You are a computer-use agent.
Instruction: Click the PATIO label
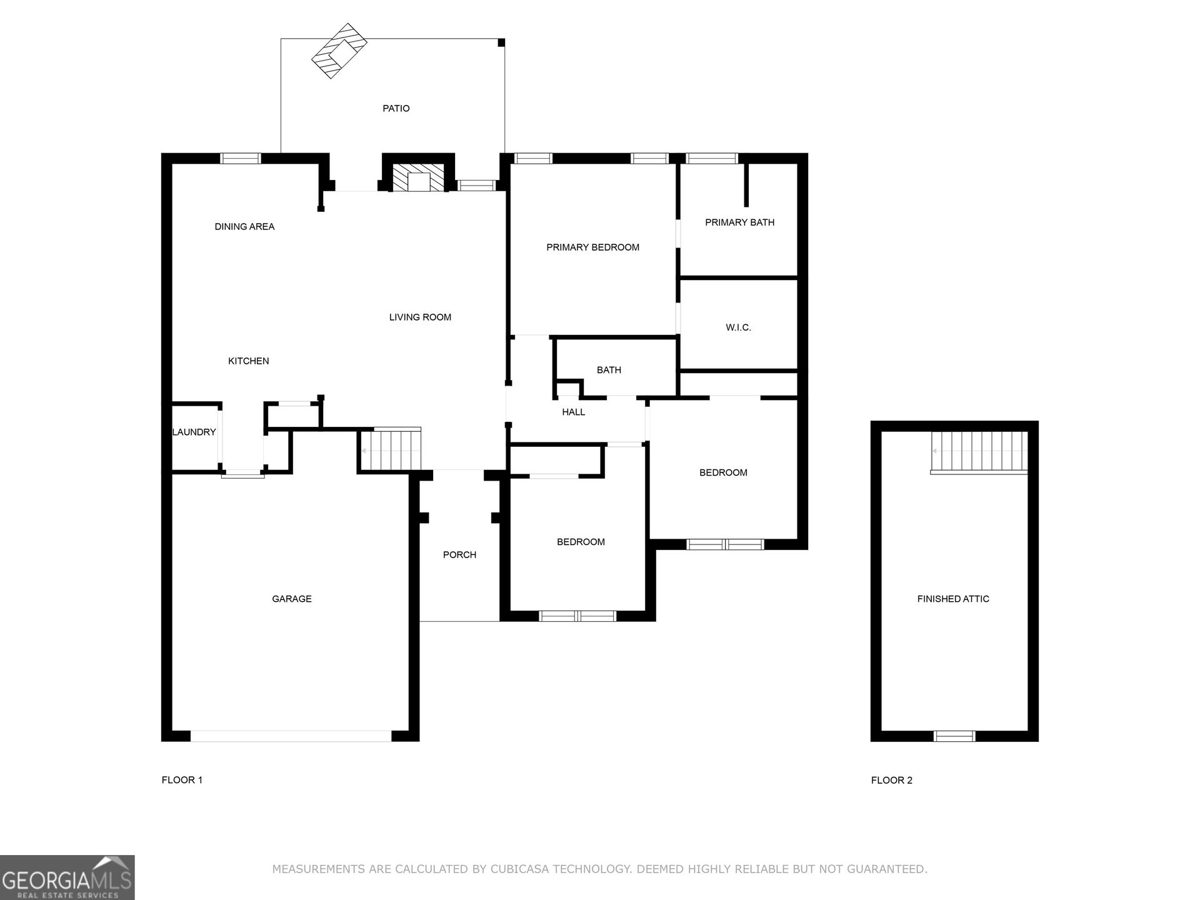396,109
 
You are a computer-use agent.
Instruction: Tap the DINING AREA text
244,227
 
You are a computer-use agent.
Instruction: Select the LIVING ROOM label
420,317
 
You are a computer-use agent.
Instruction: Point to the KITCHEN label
248,361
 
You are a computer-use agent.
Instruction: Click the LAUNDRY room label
194,432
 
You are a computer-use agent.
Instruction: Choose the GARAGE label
292,599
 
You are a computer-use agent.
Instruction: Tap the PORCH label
459,555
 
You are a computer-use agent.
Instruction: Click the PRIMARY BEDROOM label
592,247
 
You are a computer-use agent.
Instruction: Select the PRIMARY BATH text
739,222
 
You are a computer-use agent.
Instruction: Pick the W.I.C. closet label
738,327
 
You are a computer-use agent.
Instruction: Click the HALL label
573,412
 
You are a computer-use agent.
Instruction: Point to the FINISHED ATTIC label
953,599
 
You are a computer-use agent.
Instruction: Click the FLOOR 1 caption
182,780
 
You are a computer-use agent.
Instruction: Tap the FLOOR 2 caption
892,780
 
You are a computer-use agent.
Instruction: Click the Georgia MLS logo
67,877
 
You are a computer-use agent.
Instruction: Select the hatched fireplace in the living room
419,178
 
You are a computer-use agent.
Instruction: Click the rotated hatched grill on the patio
340,51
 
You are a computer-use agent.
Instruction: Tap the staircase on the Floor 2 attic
979,452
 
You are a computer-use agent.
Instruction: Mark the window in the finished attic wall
954,736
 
